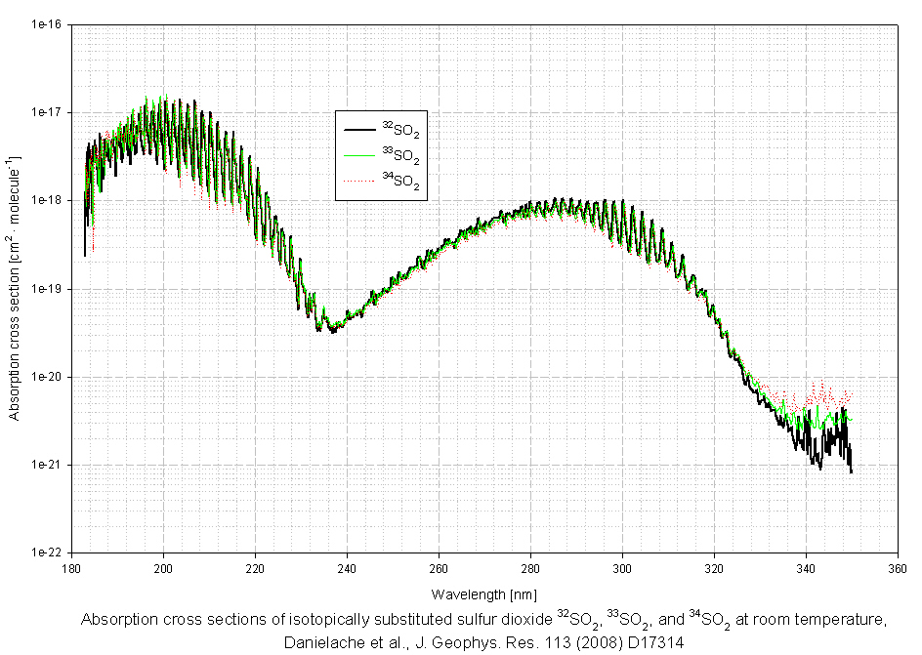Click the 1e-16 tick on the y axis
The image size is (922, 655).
click(48, 24)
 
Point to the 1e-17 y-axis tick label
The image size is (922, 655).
click(48, 112)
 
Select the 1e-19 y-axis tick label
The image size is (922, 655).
click(48, 289)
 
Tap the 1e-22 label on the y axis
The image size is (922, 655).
click(48, 553)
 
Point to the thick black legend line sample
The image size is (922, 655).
click(357, 129)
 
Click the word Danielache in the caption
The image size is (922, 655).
click(322, 643)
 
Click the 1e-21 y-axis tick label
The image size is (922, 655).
click(48, 465)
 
